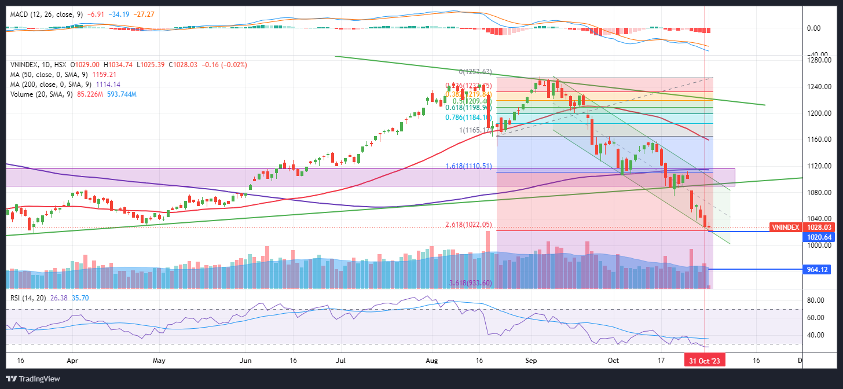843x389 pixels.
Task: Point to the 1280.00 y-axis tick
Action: (x=819, y=60)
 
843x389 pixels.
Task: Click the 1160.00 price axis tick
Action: (x=819, y=140)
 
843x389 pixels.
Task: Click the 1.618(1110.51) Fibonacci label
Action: (x=468, y=166)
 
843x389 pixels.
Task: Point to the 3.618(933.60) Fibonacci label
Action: (x=471, y=283)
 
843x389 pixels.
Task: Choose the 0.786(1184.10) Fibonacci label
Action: (x=468, y=118)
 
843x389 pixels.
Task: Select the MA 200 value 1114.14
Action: (x=104, y=85)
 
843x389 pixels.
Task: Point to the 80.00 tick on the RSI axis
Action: (x=816, y=300)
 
